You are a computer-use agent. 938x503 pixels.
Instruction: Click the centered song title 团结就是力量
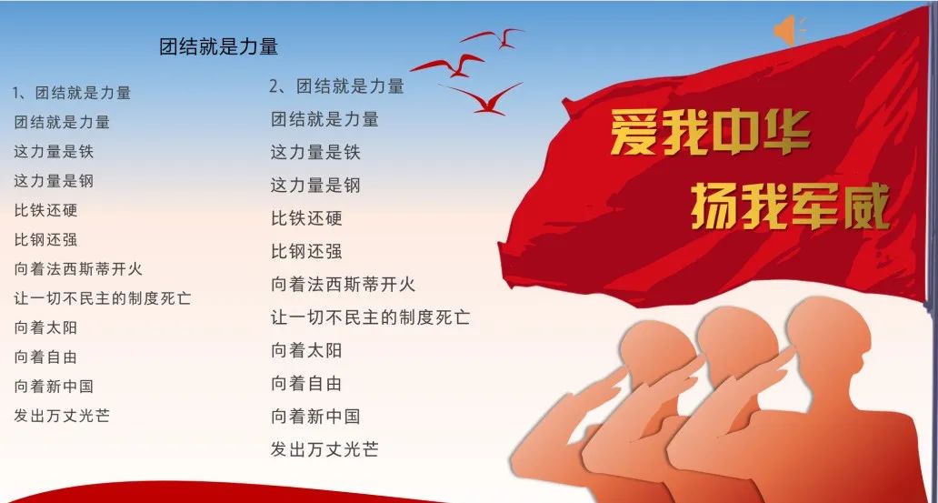[218, 46]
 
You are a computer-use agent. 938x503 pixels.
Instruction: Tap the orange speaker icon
[788, 31]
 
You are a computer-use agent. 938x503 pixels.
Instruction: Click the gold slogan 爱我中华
[710, 132]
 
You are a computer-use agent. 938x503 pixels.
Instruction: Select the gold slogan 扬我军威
[791, 206]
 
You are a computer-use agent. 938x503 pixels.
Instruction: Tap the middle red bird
[449, 65]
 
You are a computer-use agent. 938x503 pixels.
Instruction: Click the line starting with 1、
[72, 93]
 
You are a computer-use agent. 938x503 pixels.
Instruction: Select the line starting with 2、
[337, 86]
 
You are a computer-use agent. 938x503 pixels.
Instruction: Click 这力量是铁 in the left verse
[54, 152]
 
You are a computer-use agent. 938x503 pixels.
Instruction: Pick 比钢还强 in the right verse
[306, 251]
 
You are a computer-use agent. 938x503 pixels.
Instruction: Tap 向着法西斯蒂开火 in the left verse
[78, 269]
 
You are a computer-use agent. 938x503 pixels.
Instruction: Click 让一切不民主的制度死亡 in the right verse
[370, 317]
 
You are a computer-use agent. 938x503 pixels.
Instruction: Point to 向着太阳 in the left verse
[45, 327]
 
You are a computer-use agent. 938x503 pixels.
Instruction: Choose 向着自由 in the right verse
[306, 383]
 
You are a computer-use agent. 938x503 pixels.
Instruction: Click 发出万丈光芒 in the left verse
[62, 416]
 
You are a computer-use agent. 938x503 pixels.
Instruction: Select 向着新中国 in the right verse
[315, 417]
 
